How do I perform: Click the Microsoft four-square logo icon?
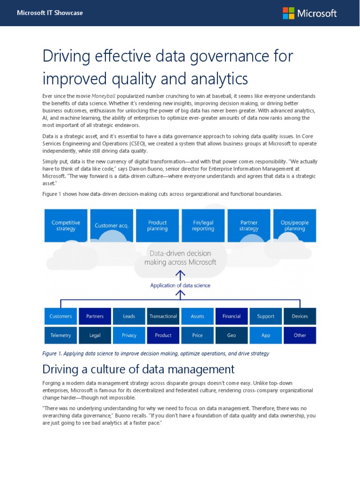coord(288,13)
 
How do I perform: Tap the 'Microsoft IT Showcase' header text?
coord(50,13)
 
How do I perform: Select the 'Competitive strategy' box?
coord(66,225)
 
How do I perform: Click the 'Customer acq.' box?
coord(112,225)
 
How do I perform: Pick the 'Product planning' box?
coord(157,225)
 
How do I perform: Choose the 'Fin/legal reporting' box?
coord(203,225)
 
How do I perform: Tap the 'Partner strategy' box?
coord(249,225)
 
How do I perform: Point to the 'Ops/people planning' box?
coord(295,225)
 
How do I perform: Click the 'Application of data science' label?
coord(180,285)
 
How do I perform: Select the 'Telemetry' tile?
coord(61,335)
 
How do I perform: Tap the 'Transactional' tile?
coord(163,316)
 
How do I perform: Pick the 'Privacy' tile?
coord(129,335)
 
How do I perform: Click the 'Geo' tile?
coord(232,335)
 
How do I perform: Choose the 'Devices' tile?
coord(300,316)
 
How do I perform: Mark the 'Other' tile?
coord(300,335)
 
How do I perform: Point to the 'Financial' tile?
coord(232,316)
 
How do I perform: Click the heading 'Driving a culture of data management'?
coord(138,368)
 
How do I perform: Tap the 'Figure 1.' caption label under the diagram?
coord(54,353)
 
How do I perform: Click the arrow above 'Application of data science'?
coord(180,274)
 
